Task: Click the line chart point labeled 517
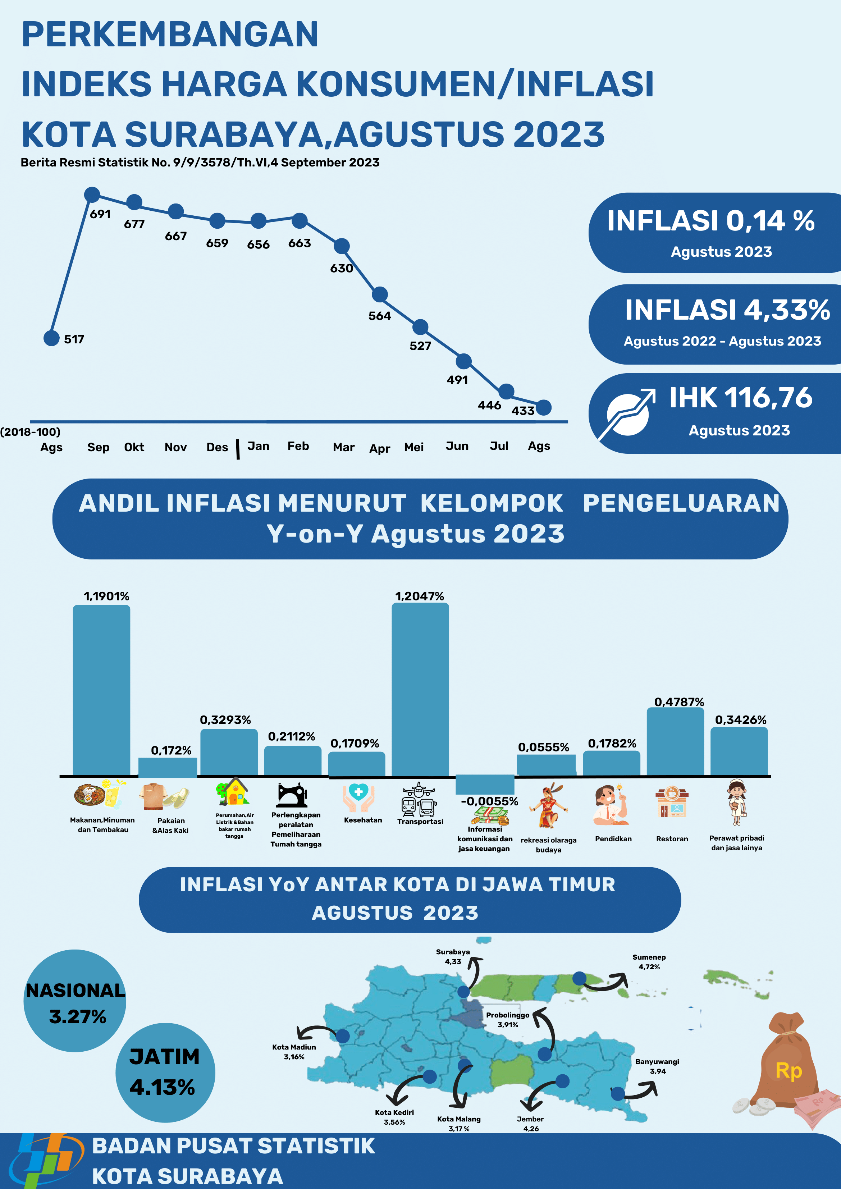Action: pyautogui.click(x=51, y=338)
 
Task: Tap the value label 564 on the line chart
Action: pyautogui.click(x=380, y=316)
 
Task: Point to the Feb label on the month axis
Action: pyautogui.click(x=298, y=447)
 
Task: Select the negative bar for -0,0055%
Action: pyautogui.click(x=485, y=784)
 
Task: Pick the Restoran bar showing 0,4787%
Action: pyautogui.click(x=675, y=742)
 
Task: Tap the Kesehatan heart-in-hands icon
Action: pyautogui.click(x=358, y=797)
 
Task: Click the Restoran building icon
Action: pyautogui.click(x=672, y=803)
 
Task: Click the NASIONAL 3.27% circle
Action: pyautogui.click(x=75, y=1001)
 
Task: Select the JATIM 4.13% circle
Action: pyautogui.click(x=165, y=1072)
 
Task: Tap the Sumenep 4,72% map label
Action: pyautogui.click(x=649, y=962)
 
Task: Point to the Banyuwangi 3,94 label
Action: pyautogui.click(x=657, y=1066)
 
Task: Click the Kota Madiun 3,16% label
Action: pyautogui.click(x=294, y=1051)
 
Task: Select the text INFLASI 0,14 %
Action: pyautogui.click(x=710, y=221)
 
